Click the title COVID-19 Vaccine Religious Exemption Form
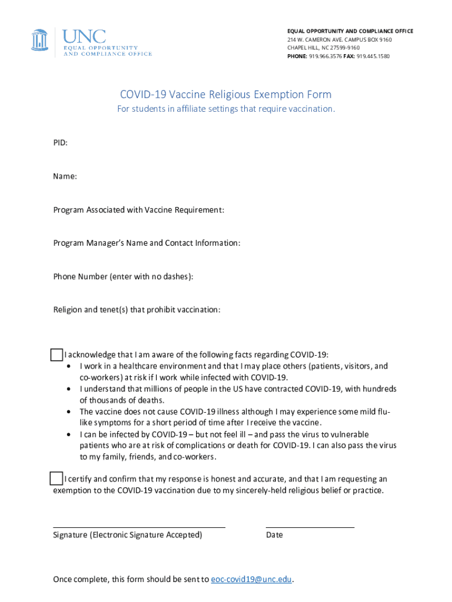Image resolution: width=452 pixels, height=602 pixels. point(225,95)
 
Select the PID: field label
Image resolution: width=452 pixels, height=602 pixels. point(60,143)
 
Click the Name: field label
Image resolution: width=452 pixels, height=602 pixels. point(65,176)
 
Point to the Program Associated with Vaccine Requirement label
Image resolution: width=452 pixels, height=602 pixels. point(139,210)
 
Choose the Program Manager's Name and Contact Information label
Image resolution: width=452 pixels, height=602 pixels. point(146,243)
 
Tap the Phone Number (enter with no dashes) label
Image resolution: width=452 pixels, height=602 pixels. point(123,277)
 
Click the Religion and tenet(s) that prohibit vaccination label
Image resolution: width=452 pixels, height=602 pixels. point(137,310)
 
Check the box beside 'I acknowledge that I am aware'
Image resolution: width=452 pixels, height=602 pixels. point(56,354)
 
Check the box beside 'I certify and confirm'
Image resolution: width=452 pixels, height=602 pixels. point(56,478)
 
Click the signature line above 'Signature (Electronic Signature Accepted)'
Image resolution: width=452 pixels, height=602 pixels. point(139,527)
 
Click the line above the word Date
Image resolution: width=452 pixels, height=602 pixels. point(310,527)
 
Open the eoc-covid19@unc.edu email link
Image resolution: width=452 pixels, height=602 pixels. point(251,580)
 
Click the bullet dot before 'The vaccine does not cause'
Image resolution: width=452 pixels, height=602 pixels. point(70,412)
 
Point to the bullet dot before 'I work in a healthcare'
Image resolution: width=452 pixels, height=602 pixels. point(70,366)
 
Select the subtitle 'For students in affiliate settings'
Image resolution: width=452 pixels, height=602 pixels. point(225,109)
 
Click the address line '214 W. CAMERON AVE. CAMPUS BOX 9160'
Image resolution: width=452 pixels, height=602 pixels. point(339,40)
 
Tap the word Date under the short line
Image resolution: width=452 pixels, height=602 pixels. point(274,535)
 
